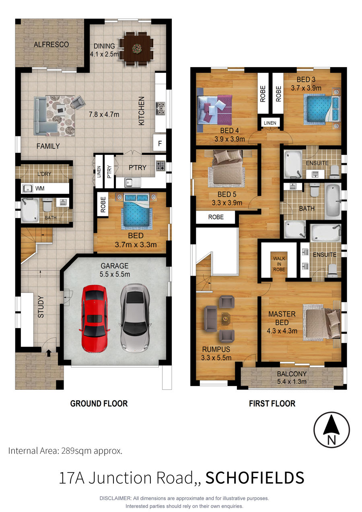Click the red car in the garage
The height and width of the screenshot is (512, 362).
pos(94,319)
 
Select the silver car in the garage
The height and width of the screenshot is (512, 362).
pos(135,318)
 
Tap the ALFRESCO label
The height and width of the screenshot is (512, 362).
pos(51,44)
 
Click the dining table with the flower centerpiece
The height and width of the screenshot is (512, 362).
pos(136,49)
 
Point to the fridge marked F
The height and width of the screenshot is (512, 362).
pos(160,143)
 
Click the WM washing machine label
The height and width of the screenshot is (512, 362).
pos(40,189)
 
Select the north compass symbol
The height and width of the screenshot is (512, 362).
pos(331,430)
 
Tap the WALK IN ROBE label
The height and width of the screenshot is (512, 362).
pos(279,264)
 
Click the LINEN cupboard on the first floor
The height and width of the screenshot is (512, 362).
pos(270,123)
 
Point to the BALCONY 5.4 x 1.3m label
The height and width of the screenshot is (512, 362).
pos(292,378)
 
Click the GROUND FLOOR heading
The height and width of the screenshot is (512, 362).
pos(99,404)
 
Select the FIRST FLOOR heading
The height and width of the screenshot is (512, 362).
pos(272,404)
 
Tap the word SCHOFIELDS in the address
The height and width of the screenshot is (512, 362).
pos(255,478)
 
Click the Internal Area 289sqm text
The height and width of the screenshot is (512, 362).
pos(65,451)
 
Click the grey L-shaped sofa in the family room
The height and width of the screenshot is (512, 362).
pos(45,116)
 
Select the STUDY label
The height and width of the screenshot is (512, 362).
pos(41,307)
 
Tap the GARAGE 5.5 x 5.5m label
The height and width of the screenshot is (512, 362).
pos(115,270)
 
